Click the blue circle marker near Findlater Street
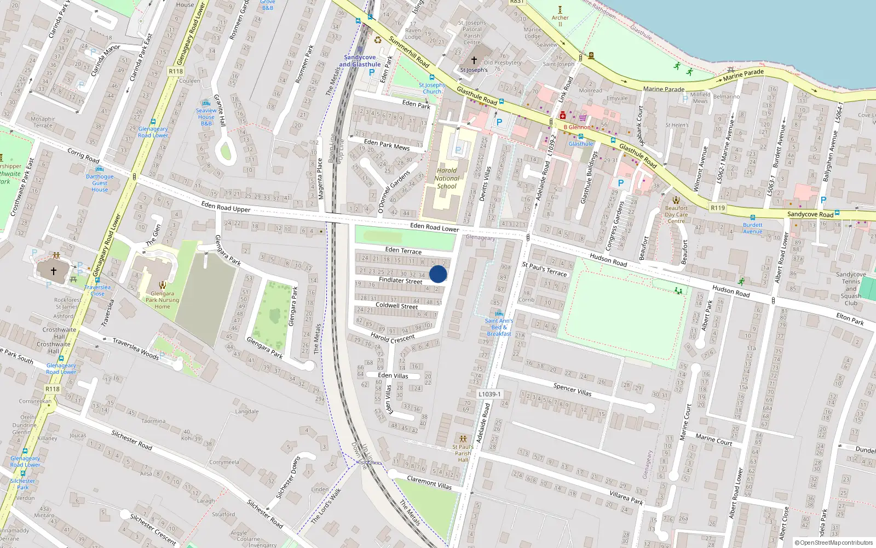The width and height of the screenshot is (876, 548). click(x=438, y=274)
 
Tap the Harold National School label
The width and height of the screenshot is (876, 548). click(x=447, y=178)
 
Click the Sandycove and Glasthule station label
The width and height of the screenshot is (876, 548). click(x=360, y=61)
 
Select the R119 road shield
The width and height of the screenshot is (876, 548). click(x=718, y=208)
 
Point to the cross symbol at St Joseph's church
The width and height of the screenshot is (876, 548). click(x=474, y=60)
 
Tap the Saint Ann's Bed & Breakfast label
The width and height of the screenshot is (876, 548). click(x=499, y=327)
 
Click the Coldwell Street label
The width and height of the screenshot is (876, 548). click(x=396, y=306)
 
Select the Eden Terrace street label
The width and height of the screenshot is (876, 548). click(x=404, y=250)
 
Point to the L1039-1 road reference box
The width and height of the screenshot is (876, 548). click(x=489, y=394)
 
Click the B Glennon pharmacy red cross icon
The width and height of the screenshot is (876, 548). click(x=562, y=116)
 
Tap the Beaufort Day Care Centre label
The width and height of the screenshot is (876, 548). click(x=676, y=214)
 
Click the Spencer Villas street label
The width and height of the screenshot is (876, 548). click(x=572, y=389)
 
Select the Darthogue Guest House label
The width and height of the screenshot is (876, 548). click(x=100, y=183)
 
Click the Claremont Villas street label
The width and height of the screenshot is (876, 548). click(x=429, y=482)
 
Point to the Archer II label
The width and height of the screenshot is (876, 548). click(x=560, y=21)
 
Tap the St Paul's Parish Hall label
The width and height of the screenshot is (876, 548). click(x=463, y=453)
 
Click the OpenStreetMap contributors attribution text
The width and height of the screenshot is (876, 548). click(x=834, y=543)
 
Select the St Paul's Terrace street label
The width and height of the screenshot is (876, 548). click(x=545, y=269)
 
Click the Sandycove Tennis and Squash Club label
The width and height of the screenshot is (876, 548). click(x=851, y=289)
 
